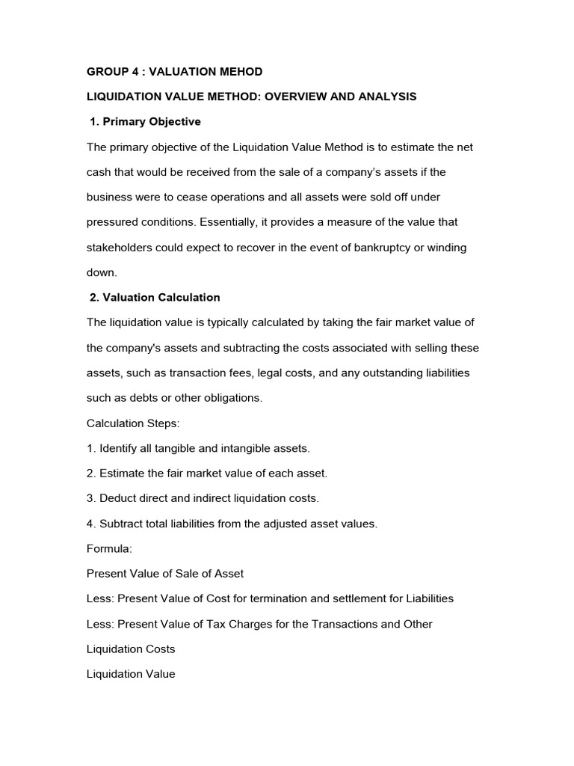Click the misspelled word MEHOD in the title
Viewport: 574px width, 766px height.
(x=241, y=72)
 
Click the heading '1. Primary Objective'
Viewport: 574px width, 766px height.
(x=145, y=122)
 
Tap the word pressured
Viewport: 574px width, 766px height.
(x=112, y=222)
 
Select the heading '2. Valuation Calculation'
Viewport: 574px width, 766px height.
(x=155, y=298)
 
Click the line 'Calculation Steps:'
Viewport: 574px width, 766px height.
(x=133, y=423)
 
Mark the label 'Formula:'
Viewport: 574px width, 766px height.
(x=109, y=548)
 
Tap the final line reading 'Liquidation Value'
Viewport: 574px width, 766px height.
(x=131, y=674)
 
